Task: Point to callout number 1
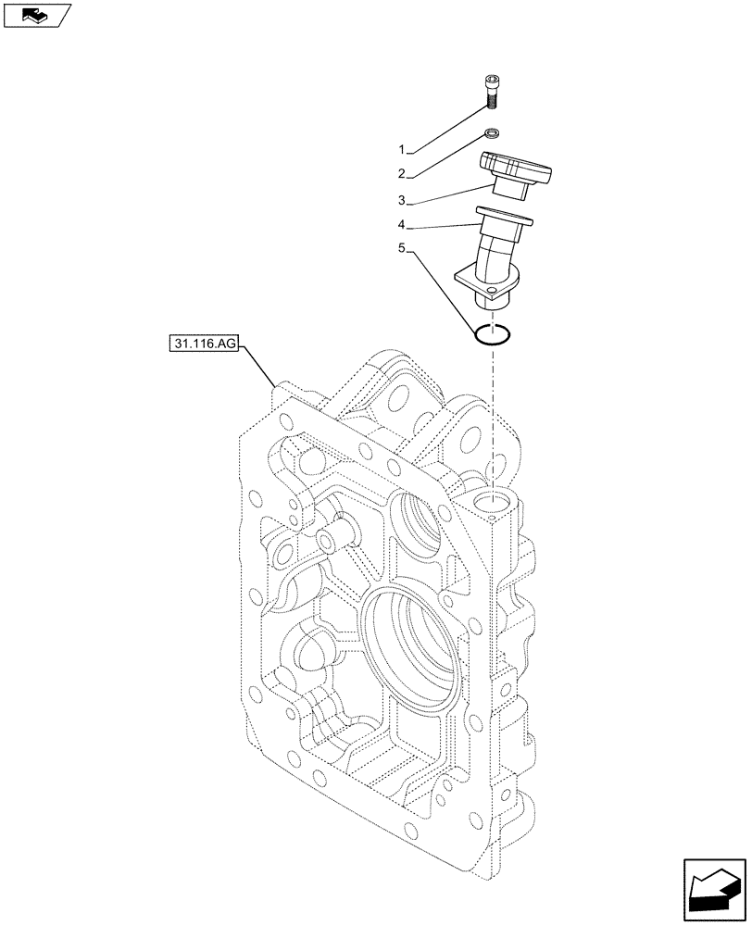tap(403, 149)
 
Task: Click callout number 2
tap(403, 174)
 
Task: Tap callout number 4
tap(403, 225)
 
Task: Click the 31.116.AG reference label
tap(204, 344)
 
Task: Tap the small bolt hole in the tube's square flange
tap(491, 291)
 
